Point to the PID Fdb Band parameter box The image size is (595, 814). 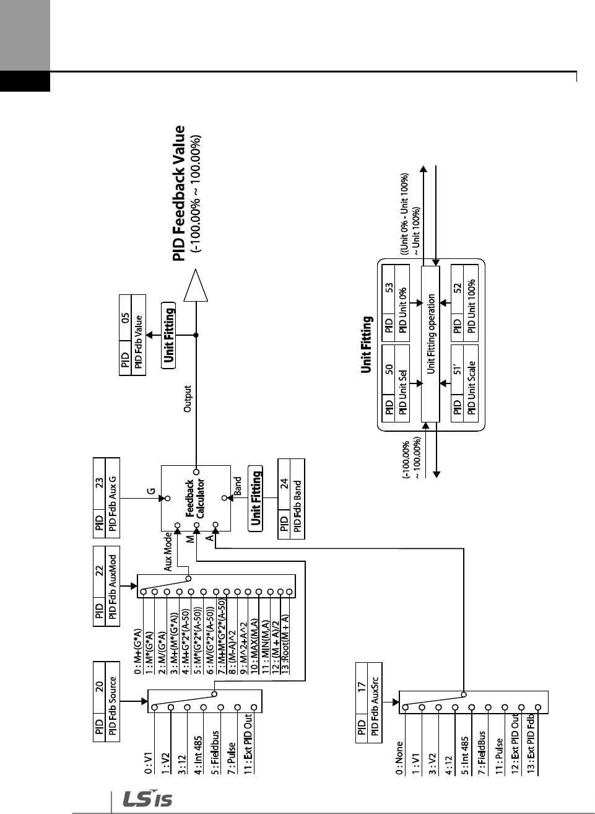pyautogui.click(x=291, y=499)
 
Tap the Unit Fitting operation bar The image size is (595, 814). pyautogui.click(x=430, y=344)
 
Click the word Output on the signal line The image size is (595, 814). pyautogui.click(x=188, y=399)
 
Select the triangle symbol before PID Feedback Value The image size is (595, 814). pyautogui.click(x=196, y=286)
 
